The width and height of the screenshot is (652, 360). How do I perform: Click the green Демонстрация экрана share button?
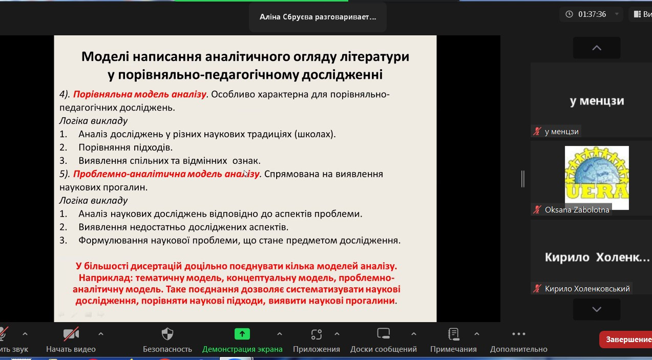coord(242,334)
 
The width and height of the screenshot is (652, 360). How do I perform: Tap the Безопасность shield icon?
coord(167,334)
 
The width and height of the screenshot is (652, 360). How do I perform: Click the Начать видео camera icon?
coord(71,334)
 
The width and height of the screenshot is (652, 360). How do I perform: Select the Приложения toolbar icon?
coord(317,334)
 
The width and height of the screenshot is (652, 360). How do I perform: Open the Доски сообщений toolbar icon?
coord(383,333)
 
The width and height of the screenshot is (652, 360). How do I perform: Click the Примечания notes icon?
coord(453,334)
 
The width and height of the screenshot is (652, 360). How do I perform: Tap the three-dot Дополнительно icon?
coord(519,334)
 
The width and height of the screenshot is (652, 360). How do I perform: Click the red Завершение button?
coord(626,340)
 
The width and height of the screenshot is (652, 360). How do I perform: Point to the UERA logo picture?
coord(597,178)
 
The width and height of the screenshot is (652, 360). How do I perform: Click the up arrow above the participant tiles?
coord(597,48)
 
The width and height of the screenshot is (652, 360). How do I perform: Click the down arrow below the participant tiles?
coord(597,309)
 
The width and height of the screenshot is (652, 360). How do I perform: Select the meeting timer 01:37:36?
coord(592,14)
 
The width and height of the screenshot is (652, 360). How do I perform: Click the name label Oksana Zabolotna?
coord(577,210)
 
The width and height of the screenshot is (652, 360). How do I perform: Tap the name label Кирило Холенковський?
coord(587,289)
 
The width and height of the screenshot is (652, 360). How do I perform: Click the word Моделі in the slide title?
coord(105,56)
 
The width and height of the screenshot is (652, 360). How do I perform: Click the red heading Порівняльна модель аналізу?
coord(139,94)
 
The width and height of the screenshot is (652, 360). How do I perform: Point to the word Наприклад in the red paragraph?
coord(106,278)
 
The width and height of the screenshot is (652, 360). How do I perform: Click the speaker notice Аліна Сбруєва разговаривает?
coord(318,17)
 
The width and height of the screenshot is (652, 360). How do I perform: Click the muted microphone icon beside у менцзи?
coord(537,132)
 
